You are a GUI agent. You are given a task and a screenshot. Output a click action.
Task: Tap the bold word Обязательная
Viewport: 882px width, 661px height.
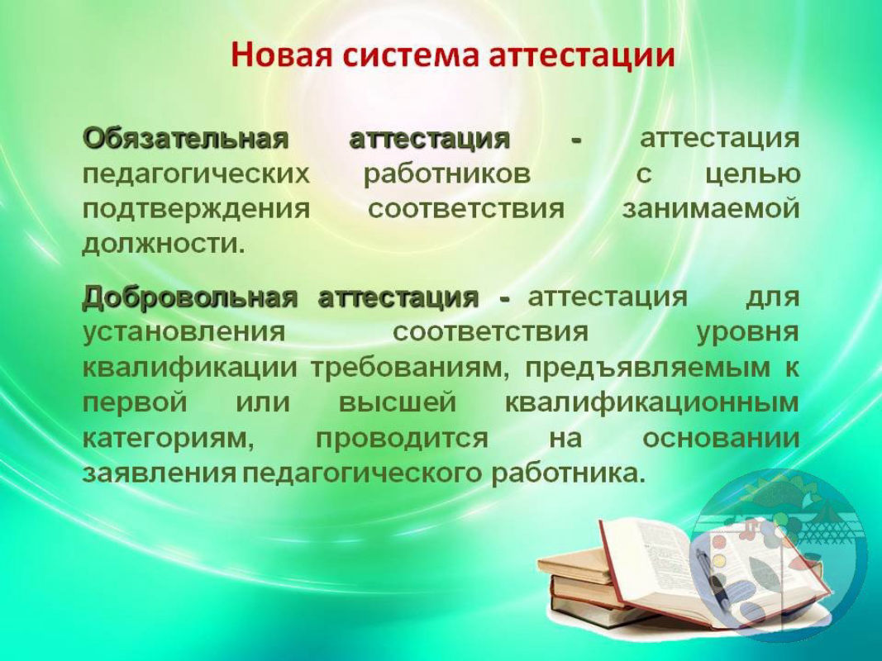[x=186, y=138]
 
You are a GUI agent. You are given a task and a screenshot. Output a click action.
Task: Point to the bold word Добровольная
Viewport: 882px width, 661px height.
[x=189, y=297]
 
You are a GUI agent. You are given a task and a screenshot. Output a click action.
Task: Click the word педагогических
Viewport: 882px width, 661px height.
[x=196, y=175]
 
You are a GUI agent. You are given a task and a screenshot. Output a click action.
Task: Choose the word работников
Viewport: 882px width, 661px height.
[x=447, y=175]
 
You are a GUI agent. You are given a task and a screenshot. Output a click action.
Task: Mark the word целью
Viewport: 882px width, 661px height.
[x=752, y=175]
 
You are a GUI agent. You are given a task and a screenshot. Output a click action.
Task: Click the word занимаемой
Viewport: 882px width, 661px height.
[x=711, y=209]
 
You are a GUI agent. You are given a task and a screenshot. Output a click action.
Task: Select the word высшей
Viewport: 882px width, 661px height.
[x=398, y=403]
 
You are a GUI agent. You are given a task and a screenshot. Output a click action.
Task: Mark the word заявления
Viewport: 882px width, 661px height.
[x=160, y=473]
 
